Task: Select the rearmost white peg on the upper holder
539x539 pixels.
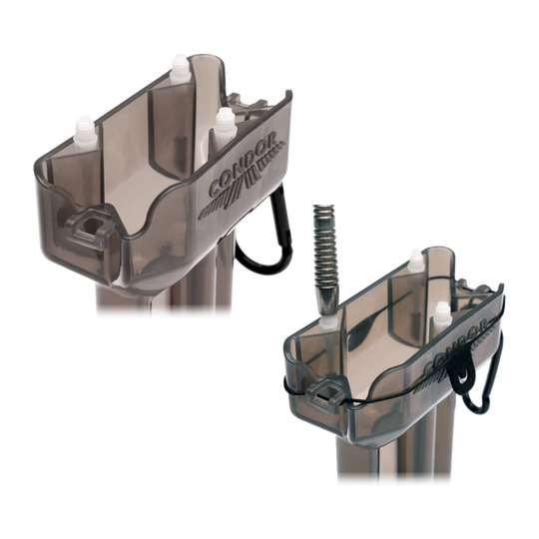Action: click(x=180, y=68)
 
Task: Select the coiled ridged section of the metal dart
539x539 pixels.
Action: click(x=324, y=250)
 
